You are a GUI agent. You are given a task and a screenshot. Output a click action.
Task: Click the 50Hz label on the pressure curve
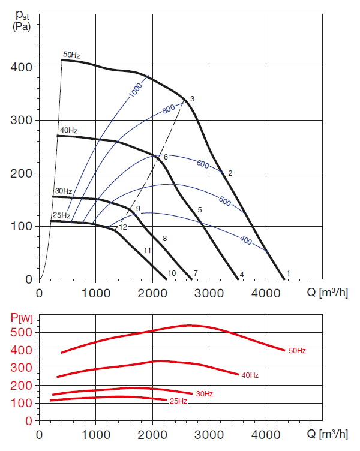(x=72, y=55)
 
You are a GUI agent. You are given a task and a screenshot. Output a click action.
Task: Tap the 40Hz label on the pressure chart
(x=68, y=130)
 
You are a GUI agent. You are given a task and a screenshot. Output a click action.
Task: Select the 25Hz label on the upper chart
(x=61, y=215)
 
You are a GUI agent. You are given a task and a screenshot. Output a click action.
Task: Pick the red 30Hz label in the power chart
(x=204, y=393)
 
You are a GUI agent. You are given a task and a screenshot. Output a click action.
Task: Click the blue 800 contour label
(x=170, y=110)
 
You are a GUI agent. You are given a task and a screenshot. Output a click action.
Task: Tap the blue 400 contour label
(x=245, y=240)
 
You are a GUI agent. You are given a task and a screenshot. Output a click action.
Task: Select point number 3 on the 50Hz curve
(x=193, y=98)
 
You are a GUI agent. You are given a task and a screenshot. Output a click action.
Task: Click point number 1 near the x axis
(x=288, y=273)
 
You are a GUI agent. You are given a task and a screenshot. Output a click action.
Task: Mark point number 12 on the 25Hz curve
(x=123, y=227)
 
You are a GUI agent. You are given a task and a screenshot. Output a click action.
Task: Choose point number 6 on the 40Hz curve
(x=166, y=156)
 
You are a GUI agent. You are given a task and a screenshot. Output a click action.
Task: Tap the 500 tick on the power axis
(x=23, y=332)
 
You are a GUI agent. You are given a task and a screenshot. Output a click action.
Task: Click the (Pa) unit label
(x=22, y=28)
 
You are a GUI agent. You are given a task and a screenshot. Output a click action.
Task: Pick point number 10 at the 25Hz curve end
(x=172, y=273)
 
